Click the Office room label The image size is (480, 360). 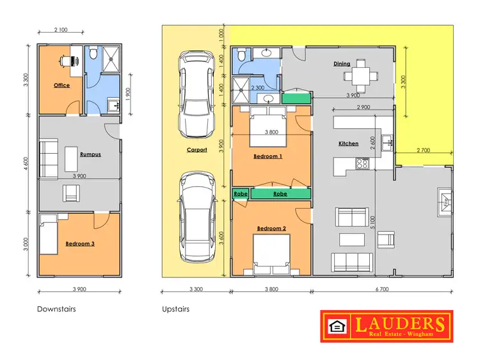click(x=61, y=85)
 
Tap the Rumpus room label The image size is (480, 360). click(x=90, y=154)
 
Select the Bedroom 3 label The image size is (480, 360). click(x=79, y=243)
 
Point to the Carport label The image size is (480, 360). click(x=196, y=151)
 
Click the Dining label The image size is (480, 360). click(x=341, y=64)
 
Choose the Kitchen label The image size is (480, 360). click(x=348, y=143)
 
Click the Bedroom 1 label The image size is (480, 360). click(x=268, y=156)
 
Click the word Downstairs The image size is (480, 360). click(x=58, y=309)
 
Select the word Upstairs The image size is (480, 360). click(x=177, y=309)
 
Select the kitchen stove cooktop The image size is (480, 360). click(x=363, y=163)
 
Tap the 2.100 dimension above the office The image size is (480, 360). click(x=61, y=29)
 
